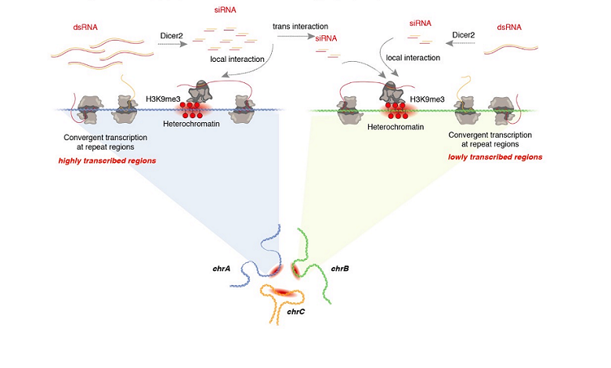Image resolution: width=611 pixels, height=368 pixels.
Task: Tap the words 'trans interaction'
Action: coord(299,27)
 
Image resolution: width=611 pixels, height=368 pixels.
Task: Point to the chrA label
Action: coord(222,268)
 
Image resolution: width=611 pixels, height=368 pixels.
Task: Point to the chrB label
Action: coord(340,268)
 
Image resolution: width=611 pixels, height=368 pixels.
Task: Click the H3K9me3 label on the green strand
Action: coord(426,100)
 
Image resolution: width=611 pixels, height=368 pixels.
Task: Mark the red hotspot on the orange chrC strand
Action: coord(285,293)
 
